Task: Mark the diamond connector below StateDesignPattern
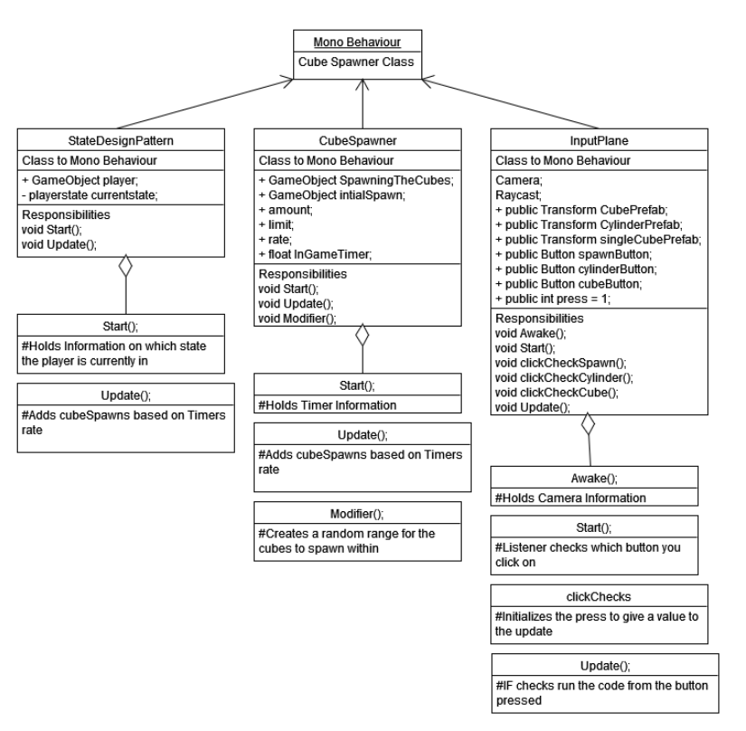(x=125, y=266)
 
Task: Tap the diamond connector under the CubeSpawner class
(x=362, y=337)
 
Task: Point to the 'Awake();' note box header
(x=595, y=477)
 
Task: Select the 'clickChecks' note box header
(x=595, y=596)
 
